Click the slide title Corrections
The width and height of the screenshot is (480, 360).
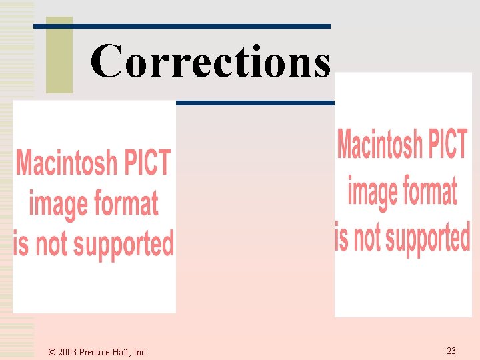[210, 61]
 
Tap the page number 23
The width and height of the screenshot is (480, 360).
[451, 351]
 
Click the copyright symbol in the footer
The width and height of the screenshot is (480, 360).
[52, 352]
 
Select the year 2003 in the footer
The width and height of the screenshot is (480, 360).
[68, 352]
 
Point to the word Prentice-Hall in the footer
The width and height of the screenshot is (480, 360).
[105, 352]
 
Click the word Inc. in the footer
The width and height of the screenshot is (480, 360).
[140, 352]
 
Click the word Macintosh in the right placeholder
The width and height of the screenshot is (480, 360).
[380, 145]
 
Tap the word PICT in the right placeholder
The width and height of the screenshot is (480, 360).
[447, 145]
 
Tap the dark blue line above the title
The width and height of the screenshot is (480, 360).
[181, 26]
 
